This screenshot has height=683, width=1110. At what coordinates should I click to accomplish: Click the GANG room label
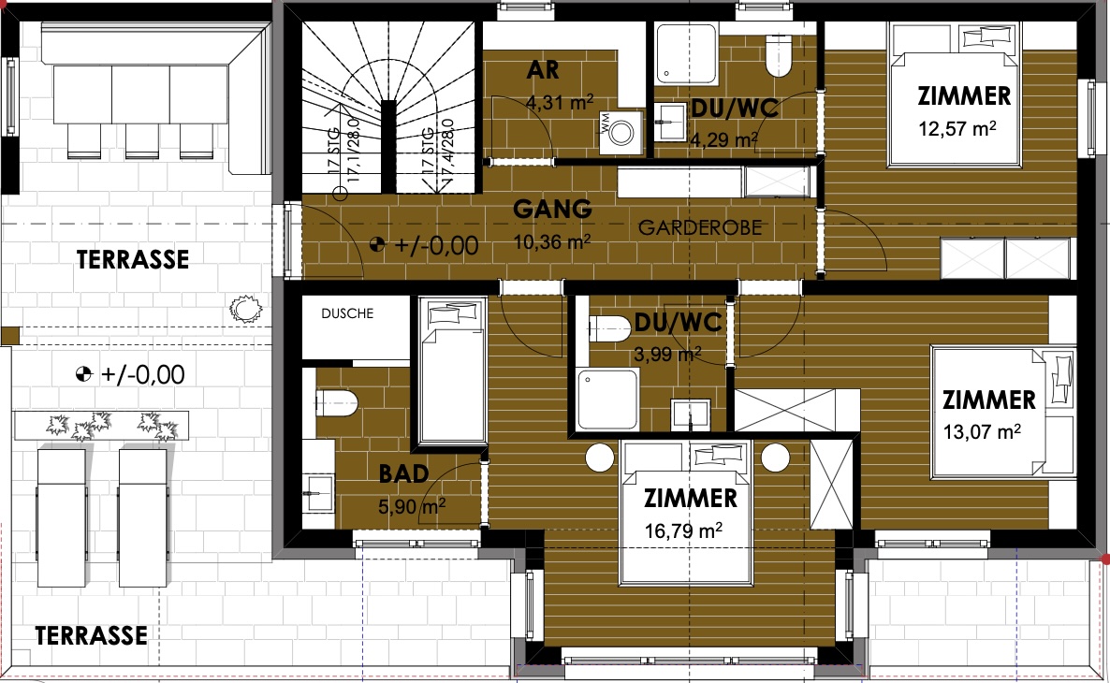point(552,209)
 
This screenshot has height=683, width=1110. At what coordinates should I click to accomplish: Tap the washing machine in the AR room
point(621,132)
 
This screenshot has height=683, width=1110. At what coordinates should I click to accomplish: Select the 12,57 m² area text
point(957,129)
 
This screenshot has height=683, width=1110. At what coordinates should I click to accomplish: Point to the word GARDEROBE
point(700,227)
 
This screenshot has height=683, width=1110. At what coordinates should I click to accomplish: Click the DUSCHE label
point(347,313)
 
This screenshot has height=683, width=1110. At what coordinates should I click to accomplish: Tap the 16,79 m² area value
point(683,530)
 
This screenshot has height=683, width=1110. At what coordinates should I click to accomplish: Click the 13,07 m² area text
point(982,431)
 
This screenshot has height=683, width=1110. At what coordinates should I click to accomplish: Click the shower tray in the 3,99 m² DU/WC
point(607,399)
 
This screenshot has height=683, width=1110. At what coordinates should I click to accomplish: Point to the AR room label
point(543,70)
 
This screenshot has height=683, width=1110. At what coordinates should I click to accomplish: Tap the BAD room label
point(403,473)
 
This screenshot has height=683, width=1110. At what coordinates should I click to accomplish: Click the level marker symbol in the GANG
point(377,245)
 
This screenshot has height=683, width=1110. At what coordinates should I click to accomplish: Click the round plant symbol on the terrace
point(245,309)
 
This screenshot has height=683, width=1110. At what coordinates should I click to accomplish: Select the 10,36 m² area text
point(552,242)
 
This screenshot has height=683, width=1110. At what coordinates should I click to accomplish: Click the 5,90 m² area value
point(412,506)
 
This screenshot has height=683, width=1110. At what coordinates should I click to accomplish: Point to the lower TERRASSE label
point(92,635)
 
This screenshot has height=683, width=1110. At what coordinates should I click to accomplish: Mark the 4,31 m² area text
point(560,103)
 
